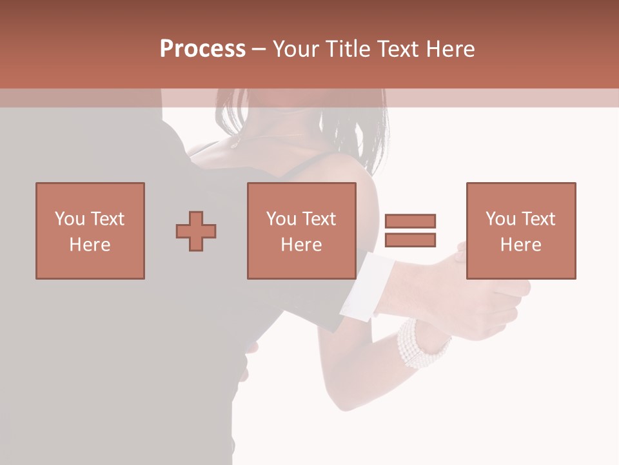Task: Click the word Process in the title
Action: [202, 49]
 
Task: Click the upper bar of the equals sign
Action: [410, 222]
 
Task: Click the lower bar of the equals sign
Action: [410, 240]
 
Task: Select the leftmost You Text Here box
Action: [90, 231]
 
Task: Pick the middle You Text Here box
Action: [301, 231]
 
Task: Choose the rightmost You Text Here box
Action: [520, 231]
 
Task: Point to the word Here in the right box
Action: [520, 244]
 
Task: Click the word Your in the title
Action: [298, 49]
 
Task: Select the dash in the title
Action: [259, 49]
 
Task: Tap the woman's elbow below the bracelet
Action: [351, 400]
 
